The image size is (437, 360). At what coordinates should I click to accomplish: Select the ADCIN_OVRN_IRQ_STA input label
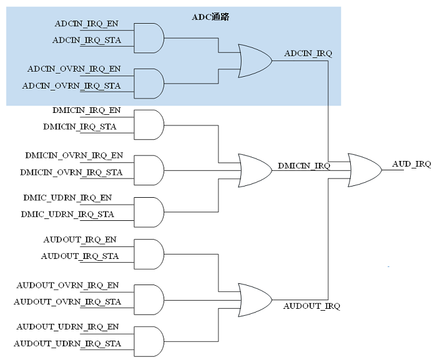[x=71, y=85]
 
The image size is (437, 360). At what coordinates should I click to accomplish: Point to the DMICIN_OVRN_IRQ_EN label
[x=74, y=155]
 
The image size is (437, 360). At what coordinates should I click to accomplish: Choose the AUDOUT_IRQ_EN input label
[x=80, y=240]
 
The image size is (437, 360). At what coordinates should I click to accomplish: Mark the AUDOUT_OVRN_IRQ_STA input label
[x=67, y=302]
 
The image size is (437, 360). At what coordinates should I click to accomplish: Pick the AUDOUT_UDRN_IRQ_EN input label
[x=67, y=326]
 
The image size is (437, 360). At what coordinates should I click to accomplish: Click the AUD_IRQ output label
[x=411, y=164]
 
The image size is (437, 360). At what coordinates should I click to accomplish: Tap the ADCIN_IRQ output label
[x=308, y=54]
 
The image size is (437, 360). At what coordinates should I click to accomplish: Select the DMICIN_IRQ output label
[x=303, y=166]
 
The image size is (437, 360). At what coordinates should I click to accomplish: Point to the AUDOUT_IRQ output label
[x=312, y=306]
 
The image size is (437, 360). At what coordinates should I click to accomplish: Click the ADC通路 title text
[x=210, y=17]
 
